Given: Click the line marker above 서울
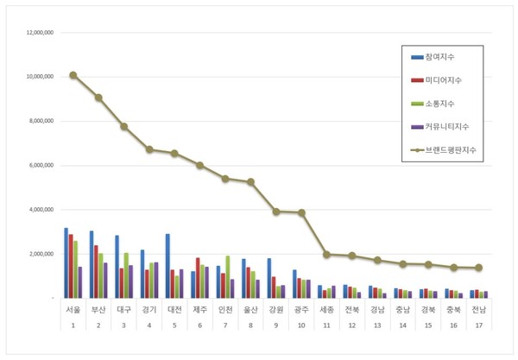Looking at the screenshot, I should tap(73, 75).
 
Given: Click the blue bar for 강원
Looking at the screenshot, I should tap(269, 278).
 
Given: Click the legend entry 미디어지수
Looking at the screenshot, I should tap(442, 79).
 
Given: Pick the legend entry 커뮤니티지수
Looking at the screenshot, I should tap(445, 126).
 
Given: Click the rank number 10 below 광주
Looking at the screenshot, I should tap(301, 325).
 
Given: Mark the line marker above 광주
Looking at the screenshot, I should tap(301, 212).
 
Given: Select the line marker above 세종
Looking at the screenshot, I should tap(326, 254).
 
